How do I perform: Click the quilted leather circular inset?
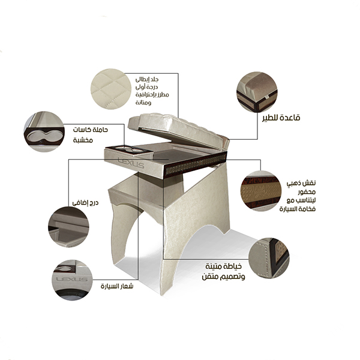coord(111,89)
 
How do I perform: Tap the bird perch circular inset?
coord(257,92)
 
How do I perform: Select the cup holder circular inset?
coord(44,131)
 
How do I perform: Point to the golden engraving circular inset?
coord(261,191)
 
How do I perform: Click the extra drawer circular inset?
coord(68,227)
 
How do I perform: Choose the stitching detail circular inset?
coord(269,258)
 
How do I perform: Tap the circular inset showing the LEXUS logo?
coord(72,280)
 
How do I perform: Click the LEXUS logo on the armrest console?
coord(131,163)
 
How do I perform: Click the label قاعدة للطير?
coord(281,118)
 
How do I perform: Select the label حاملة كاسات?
coord(90,130)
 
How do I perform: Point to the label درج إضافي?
coord(85,203)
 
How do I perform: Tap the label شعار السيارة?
coord(117,286)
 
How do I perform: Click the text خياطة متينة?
coord(223,266)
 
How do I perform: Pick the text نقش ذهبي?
coord(301,183)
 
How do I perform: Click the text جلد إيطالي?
coord(147,80)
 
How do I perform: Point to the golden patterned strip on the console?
coord(195,164)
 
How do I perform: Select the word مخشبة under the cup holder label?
coord(83,140)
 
